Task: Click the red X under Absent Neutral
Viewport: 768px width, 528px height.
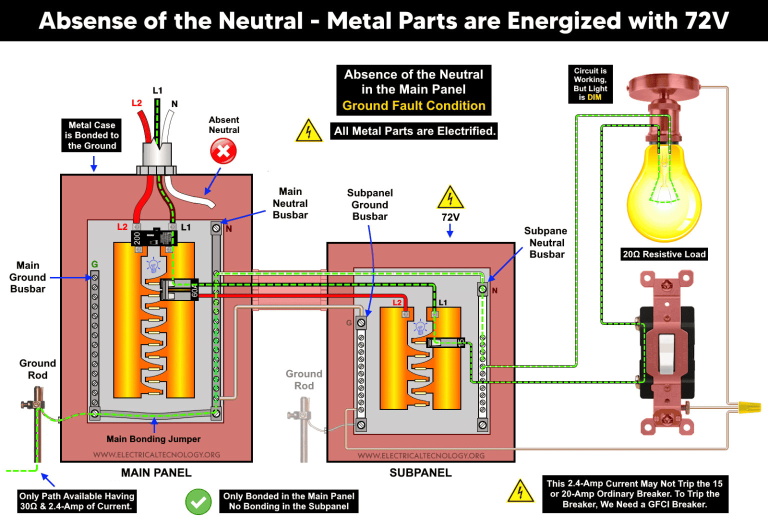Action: (223, 151)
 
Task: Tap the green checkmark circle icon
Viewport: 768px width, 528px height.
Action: (198, 501)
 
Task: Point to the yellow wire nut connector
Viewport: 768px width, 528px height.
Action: (748, 407)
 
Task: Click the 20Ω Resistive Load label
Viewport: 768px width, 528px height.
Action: (664, 254)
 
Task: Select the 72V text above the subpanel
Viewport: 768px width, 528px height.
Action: (450, 217)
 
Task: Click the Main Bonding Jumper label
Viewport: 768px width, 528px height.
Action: (153, 439)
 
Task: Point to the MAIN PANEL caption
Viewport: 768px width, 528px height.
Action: (156, 472)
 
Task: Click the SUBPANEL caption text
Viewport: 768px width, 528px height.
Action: (420, 472)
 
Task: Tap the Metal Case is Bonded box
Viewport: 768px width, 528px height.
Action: (92, 135)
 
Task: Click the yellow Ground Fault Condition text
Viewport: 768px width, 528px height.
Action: (413, 106)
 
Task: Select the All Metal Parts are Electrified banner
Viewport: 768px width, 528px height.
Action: (414, 131)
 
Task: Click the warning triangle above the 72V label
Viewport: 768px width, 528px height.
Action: (450, 198)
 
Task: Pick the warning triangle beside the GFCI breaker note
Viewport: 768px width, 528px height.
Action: (520, 492)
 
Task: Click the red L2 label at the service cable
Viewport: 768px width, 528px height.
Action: (136, 103)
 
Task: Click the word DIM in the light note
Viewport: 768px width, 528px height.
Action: (594, 97)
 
